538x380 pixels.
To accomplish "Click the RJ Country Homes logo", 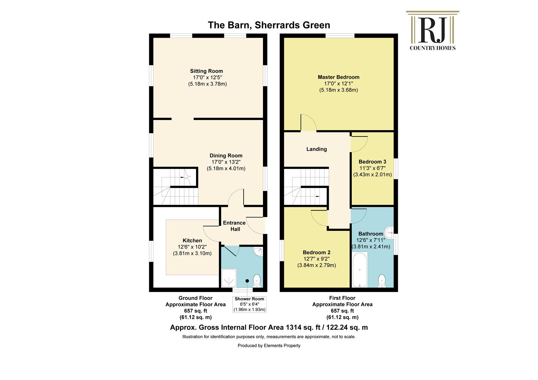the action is click(x=433, y=31).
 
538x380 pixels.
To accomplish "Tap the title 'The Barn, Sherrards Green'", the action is click(x=269, y=25).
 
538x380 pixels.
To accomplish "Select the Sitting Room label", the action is click(x=207, y=71).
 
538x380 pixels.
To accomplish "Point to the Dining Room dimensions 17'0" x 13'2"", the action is click(x=226, y=162).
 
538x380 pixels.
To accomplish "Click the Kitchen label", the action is click(x=192, y=241).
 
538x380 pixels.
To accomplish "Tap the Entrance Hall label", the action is click(x=234, y=226).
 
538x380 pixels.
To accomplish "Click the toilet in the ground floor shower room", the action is click(x=257, y=281).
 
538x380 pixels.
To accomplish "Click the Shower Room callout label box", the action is click(x=250, y=304).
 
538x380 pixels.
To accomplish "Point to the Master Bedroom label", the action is click(x=339, y=77).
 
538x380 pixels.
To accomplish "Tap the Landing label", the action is click(x=317, y=149).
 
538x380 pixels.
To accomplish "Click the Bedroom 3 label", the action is click(x=373, y=162).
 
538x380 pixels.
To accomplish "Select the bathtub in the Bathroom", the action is click(x=360, y=269).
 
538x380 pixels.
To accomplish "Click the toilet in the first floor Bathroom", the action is click(x=382, y=281).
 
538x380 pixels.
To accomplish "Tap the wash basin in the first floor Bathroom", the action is click(x=389, y=233).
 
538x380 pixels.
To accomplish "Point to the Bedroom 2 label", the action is click(x=317, y=253).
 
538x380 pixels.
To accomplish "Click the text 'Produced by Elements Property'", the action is click(x=269, y=346).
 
